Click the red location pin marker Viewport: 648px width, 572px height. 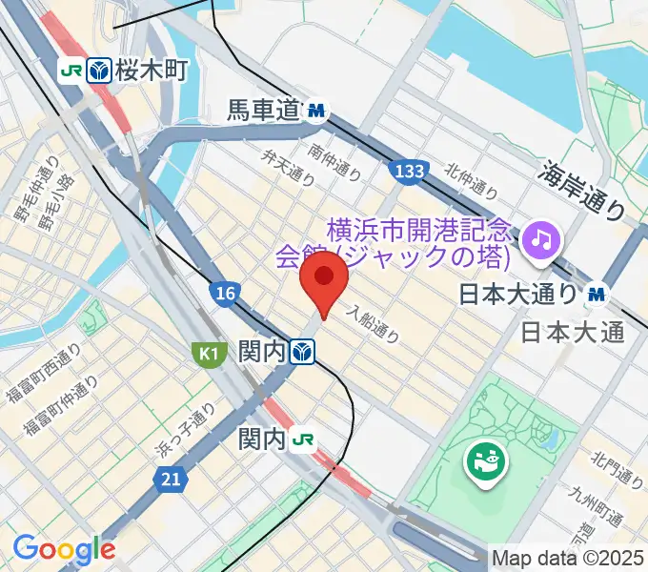(x=323, y=278)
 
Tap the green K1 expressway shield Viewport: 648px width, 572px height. (x=208, y=355)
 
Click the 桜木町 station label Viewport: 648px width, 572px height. (x=152, y=69)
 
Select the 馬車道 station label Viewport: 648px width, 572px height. (x=263, y=112)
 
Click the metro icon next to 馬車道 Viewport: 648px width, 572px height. (x=316, y=113)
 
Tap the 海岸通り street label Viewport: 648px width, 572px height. (x=585, y=189)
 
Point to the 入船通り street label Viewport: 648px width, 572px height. (x=373, y=324)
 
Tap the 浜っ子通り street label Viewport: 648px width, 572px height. (x=187, y=432)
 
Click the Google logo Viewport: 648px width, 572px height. (x=64, y=549)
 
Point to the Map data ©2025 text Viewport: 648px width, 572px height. (x=568, y=557)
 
